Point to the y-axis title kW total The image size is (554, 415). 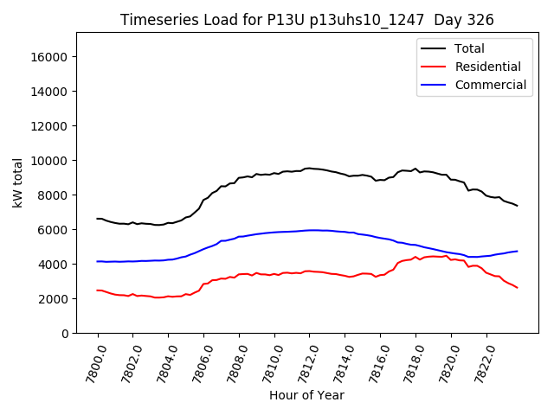[x=18, y=182]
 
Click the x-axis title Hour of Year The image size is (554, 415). [x=306, y=395]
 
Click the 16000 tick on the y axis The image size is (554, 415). [x=49, y=57]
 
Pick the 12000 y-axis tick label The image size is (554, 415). [x=49, y=126]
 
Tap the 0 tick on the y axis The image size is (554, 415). [x=64, y=334]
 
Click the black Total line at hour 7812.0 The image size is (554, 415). [x=309, y=169]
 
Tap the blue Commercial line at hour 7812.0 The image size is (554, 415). [x=309, y=230]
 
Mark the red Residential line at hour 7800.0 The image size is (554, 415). [x=98, y=290]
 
